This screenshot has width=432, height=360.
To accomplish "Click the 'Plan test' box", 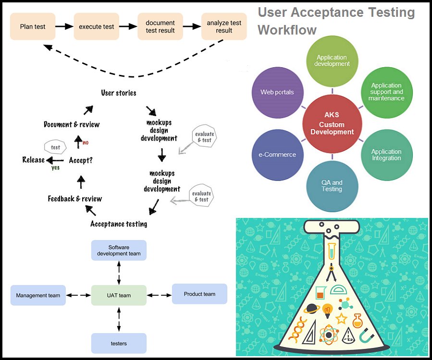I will tap(33, 26).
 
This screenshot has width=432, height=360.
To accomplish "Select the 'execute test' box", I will tap(96, 26).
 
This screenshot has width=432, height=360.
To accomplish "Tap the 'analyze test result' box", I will tap(224, 26).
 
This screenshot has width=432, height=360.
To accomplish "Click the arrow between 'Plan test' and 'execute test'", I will tap(64, 26).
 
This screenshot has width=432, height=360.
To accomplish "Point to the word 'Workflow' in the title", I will tap(287, 30).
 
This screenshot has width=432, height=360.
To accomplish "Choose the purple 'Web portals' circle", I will tap(277, 92).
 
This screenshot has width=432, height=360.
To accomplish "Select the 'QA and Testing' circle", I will tap(332, 186).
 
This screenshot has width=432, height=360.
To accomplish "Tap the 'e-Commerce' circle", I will tap(277, 155).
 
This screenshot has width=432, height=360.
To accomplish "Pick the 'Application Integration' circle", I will tap(386, 155).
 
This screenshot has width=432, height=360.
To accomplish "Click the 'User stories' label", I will tap(118, 93).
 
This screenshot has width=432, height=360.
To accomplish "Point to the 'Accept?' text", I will tap(80, 160).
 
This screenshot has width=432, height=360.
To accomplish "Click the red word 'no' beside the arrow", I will tap(86, 143).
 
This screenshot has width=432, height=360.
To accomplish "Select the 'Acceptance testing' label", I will tap(119, 224).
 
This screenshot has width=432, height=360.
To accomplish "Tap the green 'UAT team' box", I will tap(119, 295).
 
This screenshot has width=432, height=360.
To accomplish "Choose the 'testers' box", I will tap(119, 343).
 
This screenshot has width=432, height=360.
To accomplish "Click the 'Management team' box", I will tap(38, 295).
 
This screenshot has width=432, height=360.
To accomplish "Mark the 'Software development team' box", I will tap(119, 250).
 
